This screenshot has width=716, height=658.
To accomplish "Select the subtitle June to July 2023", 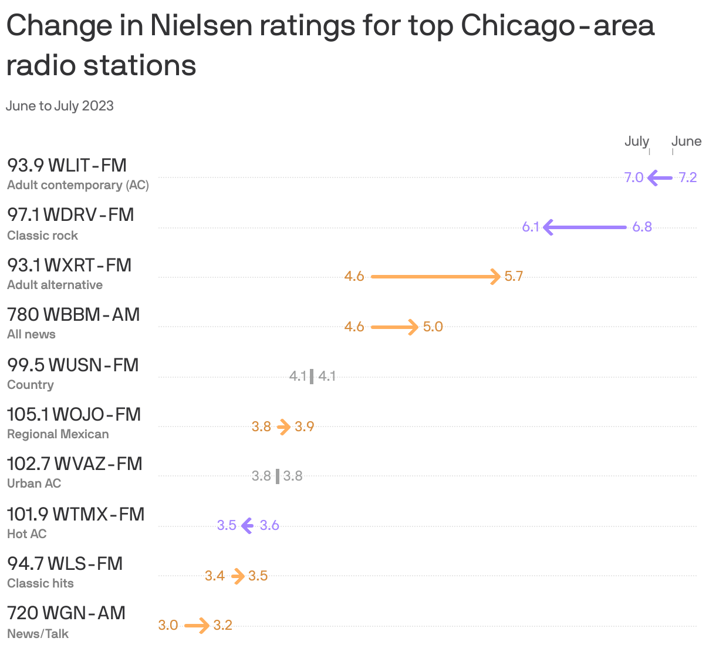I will click(60, 106).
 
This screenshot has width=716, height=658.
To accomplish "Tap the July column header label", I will click(636, 142).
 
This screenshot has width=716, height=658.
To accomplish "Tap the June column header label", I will click(686, 142).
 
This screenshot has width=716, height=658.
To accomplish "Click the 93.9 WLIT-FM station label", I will click(67, 166).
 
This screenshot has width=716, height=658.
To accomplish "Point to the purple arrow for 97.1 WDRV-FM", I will click(585, 227).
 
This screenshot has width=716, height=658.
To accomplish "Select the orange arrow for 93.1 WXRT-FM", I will click(435, 276).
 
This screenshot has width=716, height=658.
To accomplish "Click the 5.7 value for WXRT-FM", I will click(514, 277).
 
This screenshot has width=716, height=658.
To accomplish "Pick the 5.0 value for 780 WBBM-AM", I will click(433, 327).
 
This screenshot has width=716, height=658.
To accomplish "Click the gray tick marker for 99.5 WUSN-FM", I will click(312, 376).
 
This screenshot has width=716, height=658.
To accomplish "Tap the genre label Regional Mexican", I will click(58, 434).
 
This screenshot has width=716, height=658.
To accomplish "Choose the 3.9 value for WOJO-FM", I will click(304, 427).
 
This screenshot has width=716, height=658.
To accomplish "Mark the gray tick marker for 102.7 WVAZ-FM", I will click(278, 476).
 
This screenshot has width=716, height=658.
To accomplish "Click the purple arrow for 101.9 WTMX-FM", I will click(248, 525).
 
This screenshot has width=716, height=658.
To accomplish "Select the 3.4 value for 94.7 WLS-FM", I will click(215, 576).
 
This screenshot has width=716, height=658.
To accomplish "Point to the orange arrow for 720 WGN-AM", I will click(197, 625).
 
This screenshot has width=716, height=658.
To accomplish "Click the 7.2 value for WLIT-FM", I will click(687, 177).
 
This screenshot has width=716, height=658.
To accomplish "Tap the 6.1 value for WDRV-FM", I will click(531, 227).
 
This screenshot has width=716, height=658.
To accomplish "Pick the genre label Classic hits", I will click(40, 583).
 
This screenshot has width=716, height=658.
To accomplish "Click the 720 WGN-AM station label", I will click(66, 613).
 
